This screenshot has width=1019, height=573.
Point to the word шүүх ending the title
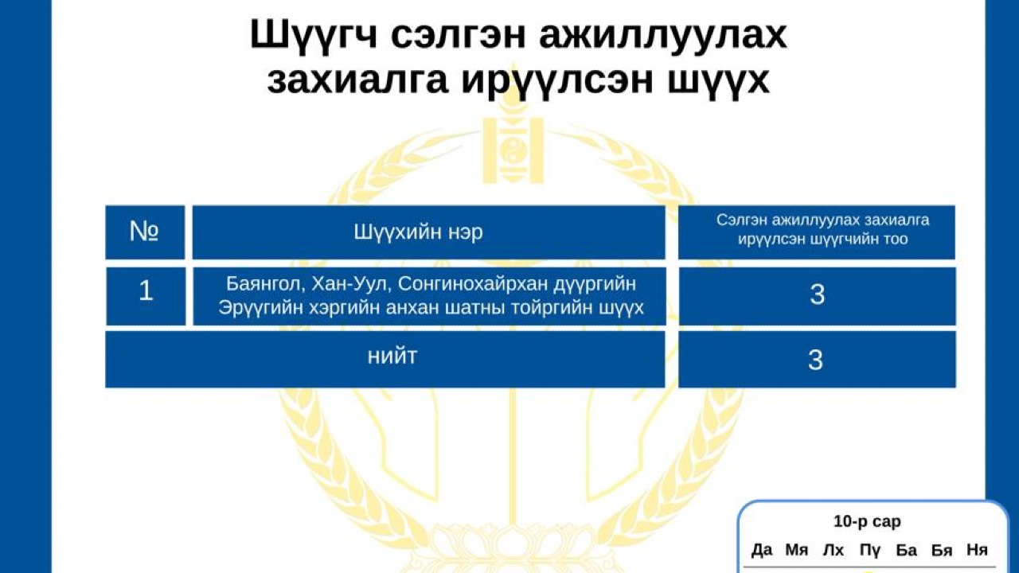(x=725, y=82)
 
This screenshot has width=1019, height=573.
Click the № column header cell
(x=145, y=232)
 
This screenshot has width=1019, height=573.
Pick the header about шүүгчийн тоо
(x=816, y=229)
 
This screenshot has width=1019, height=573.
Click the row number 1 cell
(x=146, y=291)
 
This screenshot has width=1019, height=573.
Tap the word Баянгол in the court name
(x=261, y=284)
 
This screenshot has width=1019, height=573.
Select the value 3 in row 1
(x=817, y=295)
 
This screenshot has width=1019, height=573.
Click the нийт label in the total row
(x=392, y=357)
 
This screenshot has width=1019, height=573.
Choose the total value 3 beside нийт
(x=816, y=361)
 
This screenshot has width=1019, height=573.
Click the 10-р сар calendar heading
(x=867, y=522)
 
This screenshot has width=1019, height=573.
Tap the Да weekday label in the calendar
(x=762, y=550)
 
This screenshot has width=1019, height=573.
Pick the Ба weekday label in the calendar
(x=906, y=550)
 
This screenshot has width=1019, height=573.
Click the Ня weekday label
(x=977, y=550)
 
